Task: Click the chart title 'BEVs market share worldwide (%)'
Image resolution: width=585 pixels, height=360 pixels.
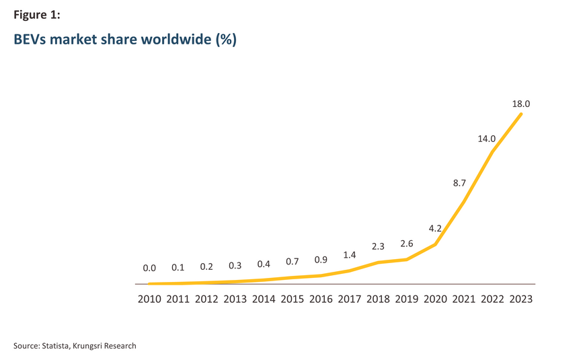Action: (x=125, y=40)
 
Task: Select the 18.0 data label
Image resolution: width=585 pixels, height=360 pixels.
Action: (x=521, y=104)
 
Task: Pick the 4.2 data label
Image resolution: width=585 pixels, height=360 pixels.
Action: (x=435, y=228)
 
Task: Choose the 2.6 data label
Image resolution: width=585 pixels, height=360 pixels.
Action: (x=406, y=244)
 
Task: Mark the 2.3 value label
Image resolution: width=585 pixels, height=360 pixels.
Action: (x=378, y=246)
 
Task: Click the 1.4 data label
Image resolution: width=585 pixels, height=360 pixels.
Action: (x=349, y=255)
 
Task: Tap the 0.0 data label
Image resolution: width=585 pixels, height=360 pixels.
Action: (x=149, y=268)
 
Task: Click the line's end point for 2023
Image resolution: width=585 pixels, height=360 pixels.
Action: (x=521, y=114)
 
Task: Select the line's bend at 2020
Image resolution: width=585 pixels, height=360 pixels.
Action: (x=436, y=244)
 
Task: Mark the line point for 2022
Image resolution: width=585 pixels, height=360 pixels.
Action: (x=493, y=151)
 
